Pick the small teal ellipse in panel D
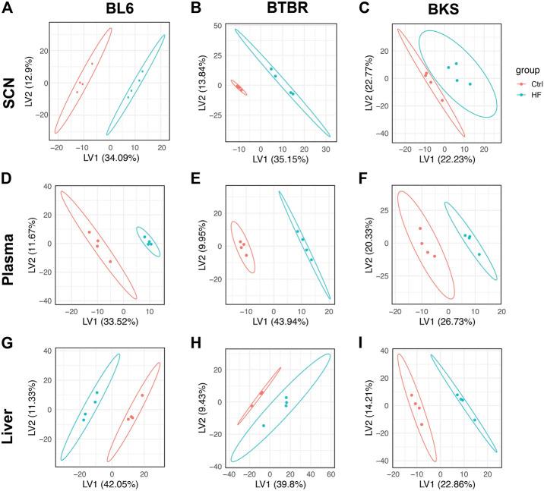[148, 240]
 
